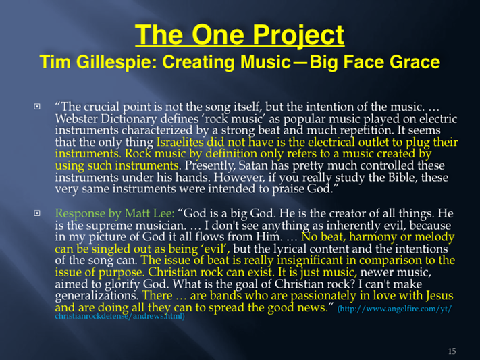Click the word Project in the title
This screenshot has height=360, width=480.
click(x=298, y=35)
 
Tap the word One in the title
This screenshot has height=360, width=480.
click(x=218, y=34)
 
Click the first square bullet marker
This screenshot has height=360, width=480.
click(x=36, y=107)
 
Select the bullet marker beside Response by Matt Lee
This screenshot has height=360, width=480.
click(x=36, y=213)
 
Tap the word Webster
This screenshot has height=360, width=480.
click(x=76, y=119)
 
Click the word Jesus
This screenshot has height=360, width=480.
click(x=438, y=296)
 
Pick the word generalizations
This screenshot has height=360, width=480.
click(x=97, y=296)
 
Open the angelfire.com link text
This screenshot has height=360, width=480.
click(x=253, y=312)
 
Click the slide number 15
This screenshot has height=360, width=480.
click(x=452, y=351)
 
